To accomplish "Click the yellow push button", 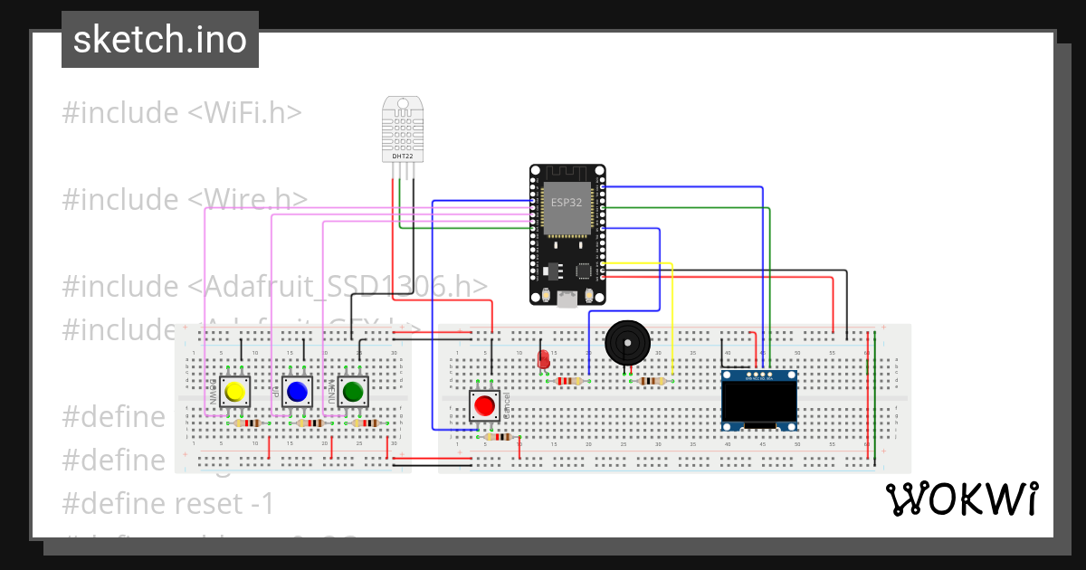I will pos(235,391).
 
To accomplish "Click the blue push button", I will pos(296,391).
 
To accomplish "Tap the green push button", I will pos(353,391).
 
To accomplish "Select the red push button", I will pos(485,405).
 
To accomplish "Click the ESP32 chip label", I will pos(567,202).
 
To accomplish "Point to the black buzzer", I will pos(626,342).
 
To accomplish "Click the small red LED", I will pos(544,360).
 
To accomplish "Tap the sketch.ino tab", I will pos(160,40).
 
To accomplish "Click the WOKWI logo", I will pos(961,499).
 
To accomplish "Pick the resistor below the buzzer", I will pos(652,381).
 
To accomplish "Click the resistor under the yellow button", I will pos(244,423).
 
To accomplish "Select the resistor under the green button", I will pos(366,423).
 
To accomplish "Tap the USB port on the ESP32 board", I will pos(567,299).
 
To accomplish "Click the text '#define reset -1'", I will pos(168,503).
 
